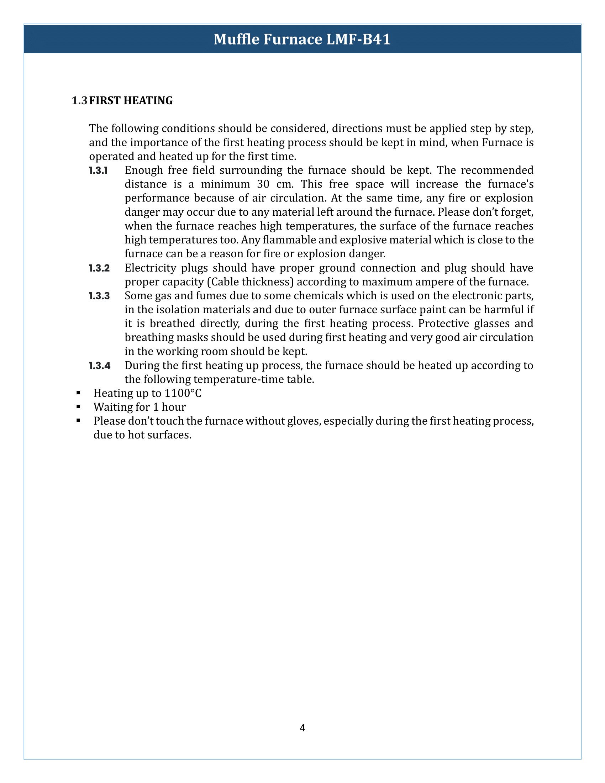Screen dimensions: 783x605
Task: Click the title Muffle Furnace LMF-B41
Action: pos(302,39)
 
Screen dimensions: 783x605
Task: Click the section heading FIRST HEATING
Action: pos(131,101)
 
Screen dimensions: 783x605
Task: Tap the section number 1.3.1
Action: pos(98,170)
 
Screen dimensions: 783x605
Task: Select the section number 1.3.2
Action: pos(99,268)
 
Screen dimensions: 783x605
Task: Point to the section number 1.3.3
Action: pos(99,296)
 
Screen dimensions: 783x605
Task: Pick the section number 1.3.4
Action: pos(99,366)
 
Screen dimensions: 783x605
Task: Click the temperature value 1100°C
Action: pos(183,393)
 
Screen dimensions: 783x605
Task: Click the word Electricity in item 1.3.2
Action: pos(149,268)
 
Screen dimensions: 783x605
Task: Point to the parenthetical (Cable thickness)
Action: pos(250,282)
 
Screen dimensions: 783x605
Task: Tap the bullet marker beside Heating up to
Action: pos(78,393)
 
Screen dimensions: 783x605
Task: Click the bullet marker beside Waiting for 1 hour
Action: pos(78,407)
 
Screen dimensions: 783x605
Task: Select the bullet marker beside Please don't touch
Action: pos(78,421)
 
